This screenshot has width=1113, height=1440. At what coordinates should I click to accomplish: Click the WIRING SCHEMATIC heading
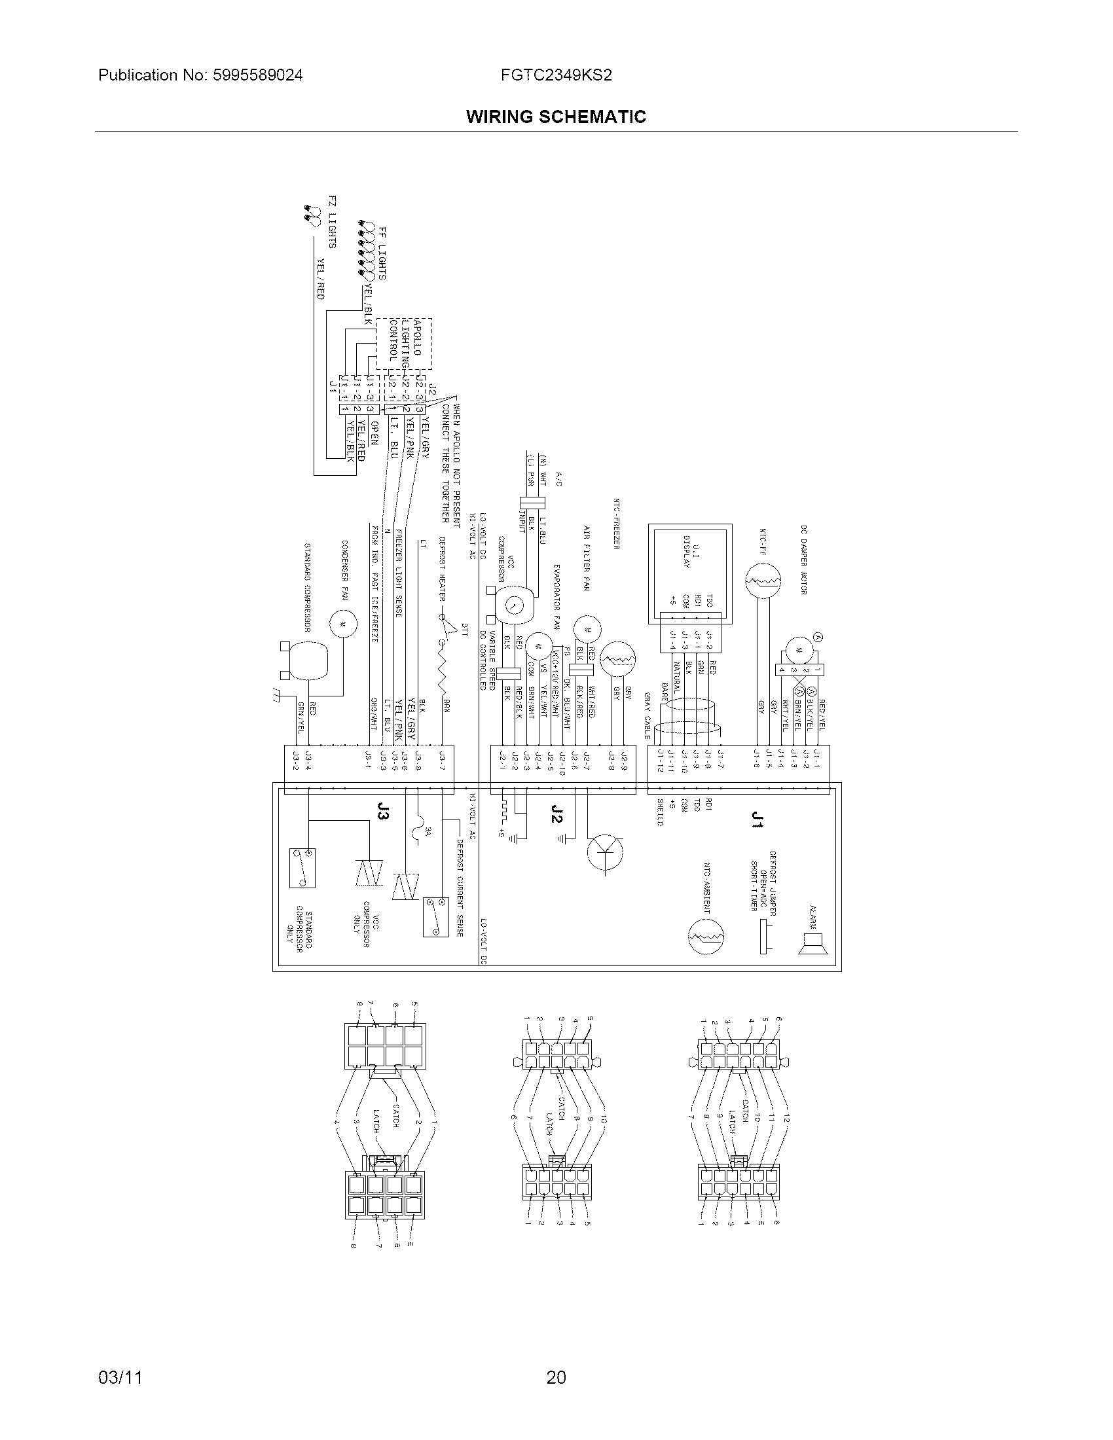click(556, 117)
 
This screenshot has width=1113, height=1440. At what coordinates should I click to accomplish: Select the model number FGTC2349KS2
click(556, 75)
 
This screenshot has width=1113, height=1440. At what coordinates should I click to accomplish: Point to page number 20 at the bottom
click(556, 1377)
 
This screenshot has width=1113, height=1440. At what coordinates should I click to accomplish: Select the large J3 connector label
click(381, 813)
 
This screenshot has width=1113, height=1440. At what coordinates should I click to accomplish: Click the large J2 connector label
click(557, 814)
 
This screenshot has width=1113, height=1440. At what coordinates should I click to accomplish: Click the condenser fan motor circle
click(343, 623)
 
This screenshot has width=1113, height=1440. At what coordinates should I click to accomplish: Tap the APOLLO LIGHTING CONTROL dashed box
click(404, 344)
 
